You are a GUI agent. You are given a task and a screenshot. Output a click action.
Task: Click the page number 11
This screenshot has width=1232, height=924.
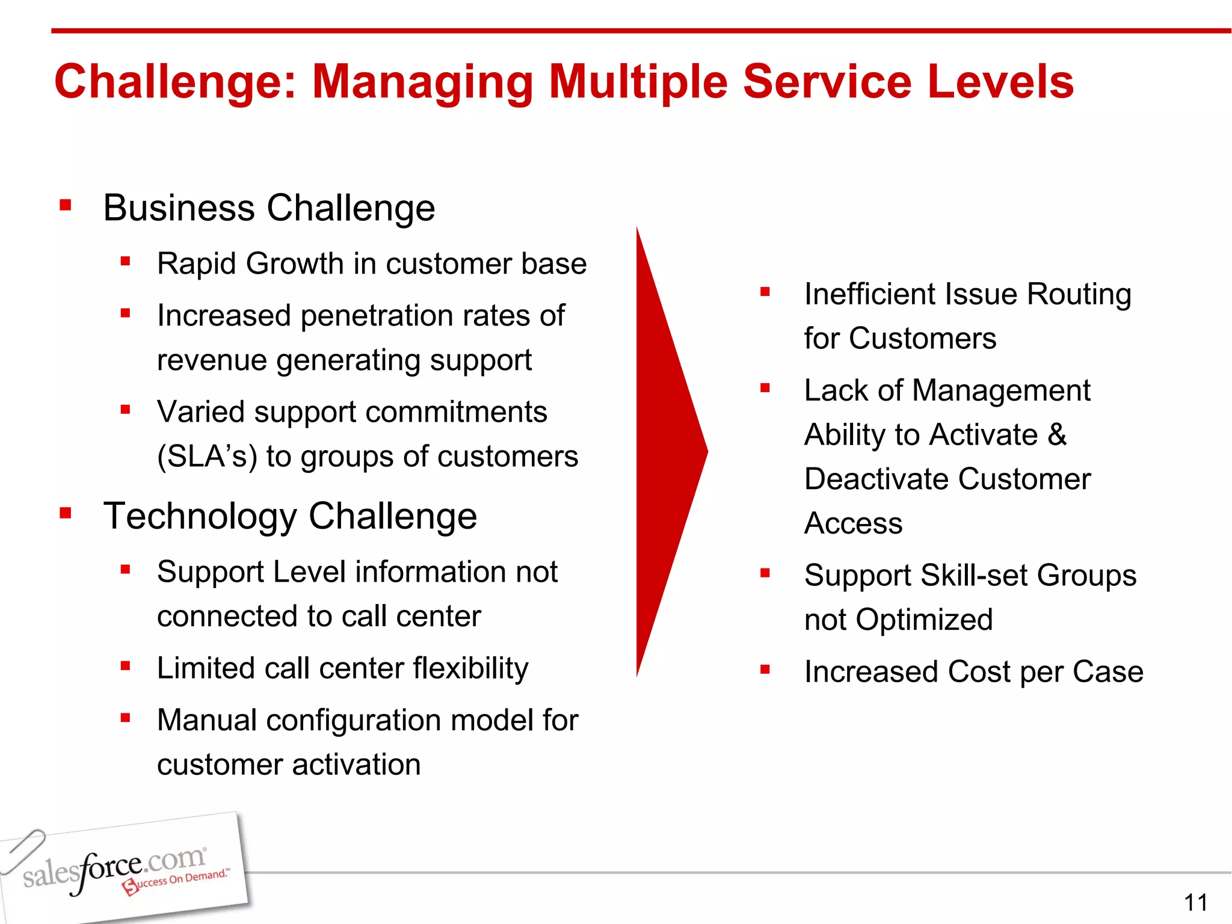1195,902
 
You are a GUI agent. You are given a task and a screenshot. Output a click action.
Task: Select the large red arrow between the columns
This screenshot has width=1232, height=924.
668,451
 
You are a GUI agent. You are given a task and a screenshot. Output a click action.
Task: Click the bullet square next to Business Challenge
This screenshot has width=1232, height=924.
66,206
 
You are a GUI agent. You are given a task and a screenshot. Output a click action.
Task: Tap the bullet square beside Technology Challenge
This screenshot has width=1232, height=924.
66,513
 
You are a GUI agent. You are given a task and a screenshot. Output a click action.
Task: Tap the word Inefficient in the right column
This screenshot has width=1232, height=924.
869,294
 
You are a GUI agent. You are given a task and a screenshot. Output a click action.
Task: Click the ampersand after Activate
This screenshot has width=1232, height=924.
1056,434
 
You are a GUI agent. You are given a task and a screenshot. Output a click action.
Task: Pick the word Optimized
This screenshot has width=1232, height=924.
924,620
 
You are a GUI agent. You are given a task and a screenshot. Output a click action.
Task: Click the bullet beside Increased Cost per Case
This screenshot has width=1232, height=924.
765,670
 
